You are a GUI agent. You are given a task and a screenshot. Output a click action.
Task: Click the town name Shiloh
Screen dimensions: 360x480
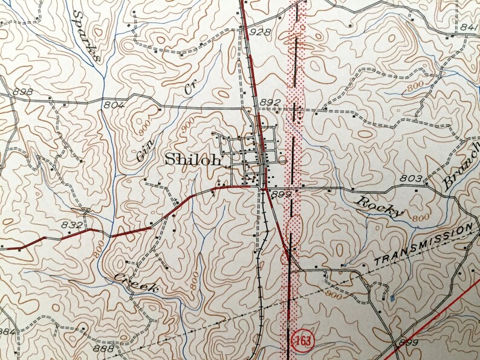tap(193, 160)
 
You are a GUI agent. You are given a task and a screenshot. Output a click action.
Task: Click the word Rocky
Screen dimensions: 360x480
tap(378, 206)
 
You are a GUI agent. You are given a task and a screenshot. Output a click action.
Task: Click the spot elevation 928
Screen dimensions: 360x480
tap(259, 31)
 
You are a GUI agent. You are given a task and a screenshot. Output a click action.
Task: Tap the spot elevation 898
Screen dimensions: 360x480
tap(22, 92)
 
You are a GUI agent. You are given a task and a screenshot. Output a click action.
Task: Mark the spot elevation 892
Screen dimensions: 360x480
tap(270, 103)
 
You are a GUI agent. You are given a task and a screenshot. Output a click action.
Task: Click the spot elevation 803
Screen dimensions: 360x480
tap(410, 178)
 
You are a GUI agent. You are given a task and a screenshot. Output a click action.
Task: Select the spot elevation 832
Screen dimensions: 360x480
tap(71, 225)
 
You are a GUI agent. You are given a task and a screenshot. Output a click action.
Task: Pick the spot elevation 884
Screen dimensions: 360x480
tap(7, 332)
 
